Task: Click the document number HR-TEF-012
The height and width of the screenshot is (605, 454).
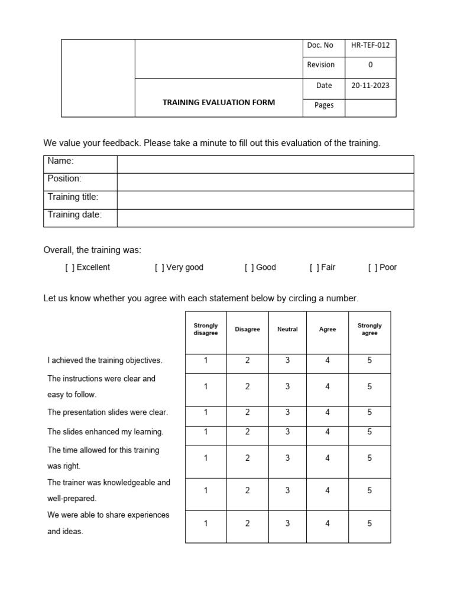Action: [370, 45]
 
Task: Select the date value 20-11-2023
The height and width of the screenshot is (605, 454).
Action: [370, 85]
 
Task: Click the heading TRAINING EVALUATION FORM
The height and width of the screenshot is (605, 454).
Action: [219, 102]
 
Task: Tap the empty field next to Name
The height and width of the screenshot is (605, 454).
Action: [265, 164]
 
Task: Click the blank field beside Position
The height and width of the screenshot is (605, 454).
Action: [265, 182]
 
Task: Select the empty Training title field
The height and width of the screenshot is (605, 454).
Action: [265, 200]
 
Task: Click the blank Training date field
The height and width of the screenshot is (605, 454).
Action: [265, 217]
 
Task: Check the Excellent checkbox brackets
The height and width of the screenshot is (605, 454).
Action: [70, 268]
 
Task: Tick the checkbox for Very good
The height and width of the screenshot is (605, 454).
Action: [160, 268]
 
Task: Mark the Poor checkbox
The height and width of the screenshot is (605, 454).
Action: [372, 268]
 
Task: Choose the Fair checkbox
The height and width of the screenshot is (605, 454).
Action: [314, 268]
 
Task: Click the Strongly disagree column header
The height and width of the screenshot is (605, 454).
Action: [206, 329]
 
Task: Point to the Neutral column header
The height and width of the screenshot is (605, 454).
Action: [287, 329]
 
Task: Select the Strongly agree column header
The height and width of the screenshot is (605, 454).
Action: [369, 329]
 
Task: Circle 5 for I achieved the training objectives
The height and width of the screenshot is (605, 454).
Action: [369, 360]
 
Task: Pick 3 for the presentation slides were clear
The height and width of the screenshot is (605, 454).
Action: [287, 412]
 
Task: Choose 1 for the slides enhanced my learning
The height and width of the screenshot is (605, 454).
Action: [206, 432]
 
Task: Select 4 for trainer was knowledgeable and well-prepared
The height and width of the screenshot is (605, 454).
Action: [327, 490]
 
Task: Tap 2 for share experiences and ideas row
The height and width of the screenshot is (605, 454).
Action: [247, 523]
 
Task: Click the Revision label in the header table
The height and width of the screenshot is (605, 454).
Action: [320, 65]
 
